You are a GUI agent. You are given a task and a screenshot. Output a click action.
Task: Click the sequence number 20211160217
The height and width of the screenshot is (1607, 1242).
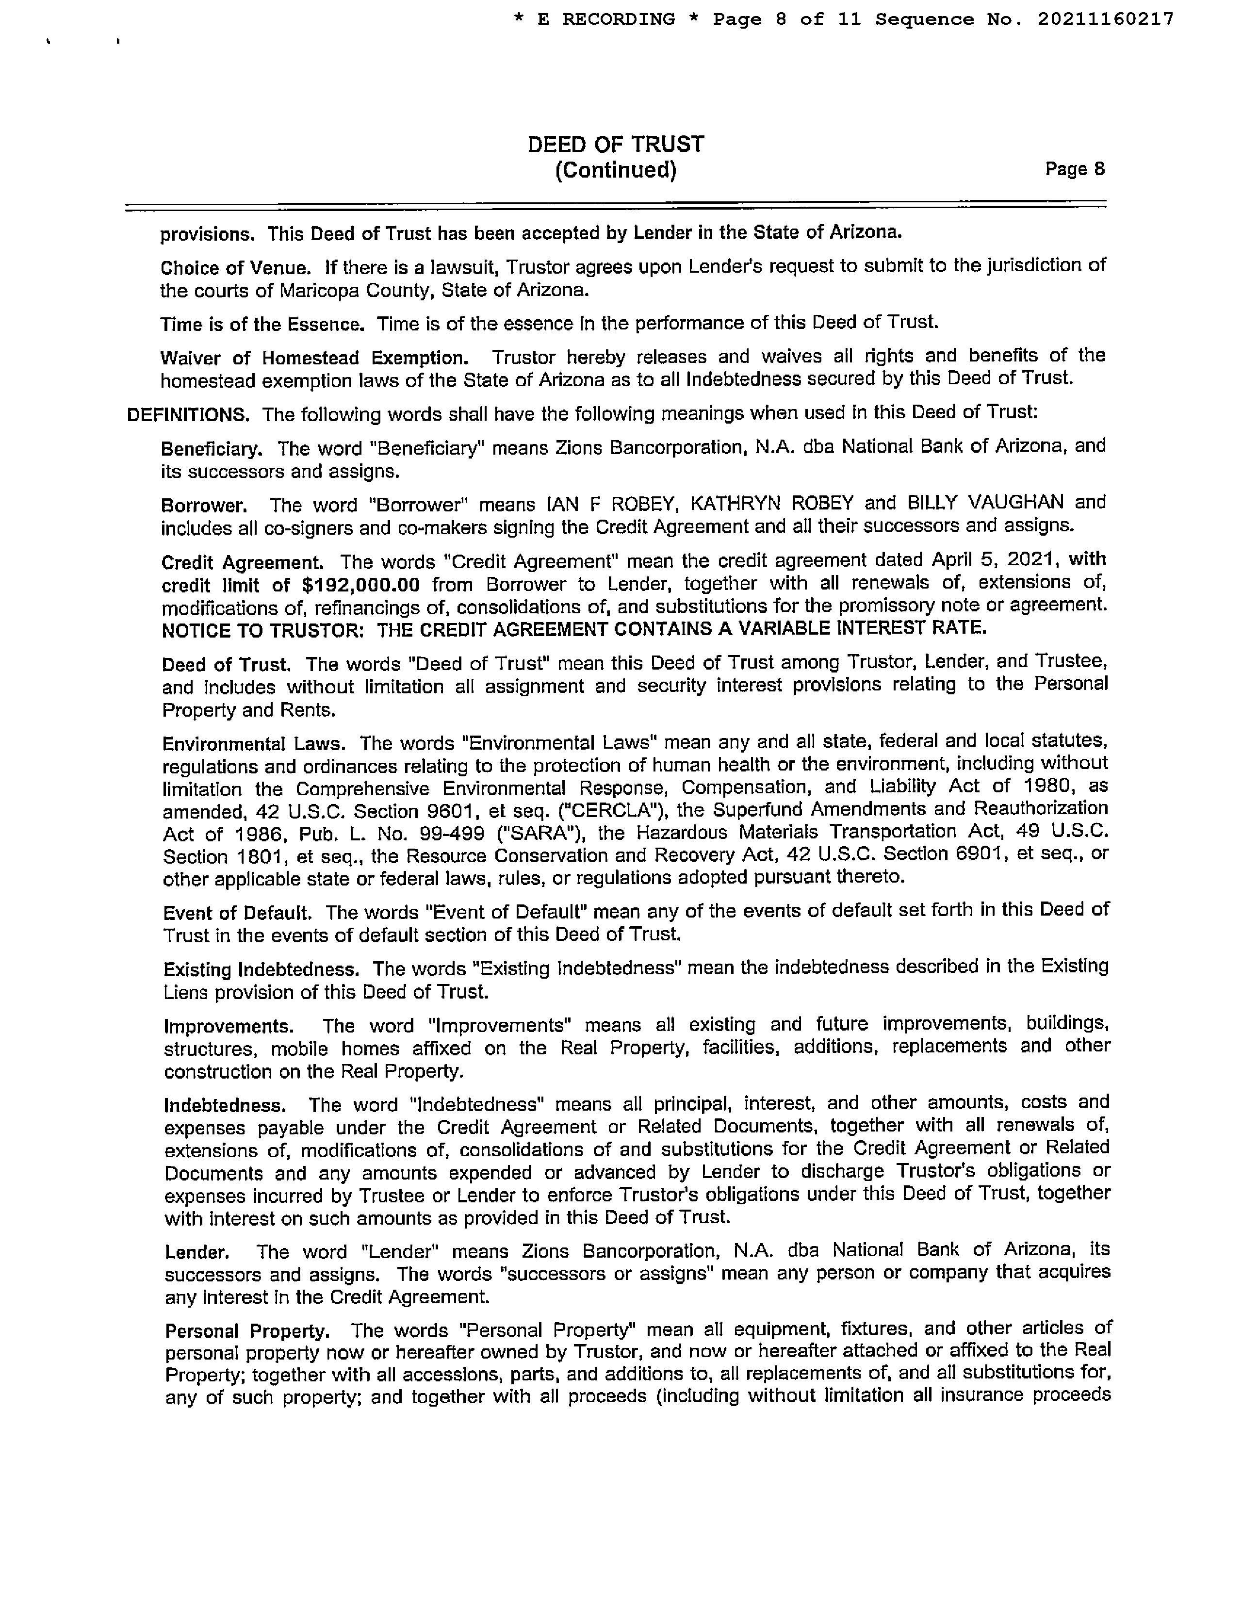pos(1105,20)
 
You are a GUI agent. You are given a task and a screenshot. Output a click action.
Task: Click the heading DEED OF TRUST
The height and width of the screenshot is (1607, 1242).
pos(615,144)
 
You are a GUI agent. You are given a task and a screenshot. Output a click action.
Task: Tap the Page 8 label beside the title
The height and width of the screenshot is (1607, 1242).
pos(1074,169)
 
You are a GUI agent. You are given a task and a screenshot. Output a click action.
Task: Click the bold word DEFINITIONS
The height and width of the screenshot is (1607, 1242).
pos(188,415)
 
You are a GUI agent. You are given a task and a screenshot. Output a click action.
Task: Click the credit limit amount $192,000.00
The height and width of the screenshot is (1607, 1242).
pos(360,585)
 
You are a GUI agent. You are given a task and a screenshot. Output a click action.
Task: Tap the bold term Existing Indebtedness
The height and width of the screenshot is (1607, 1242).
pos(261,969)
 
